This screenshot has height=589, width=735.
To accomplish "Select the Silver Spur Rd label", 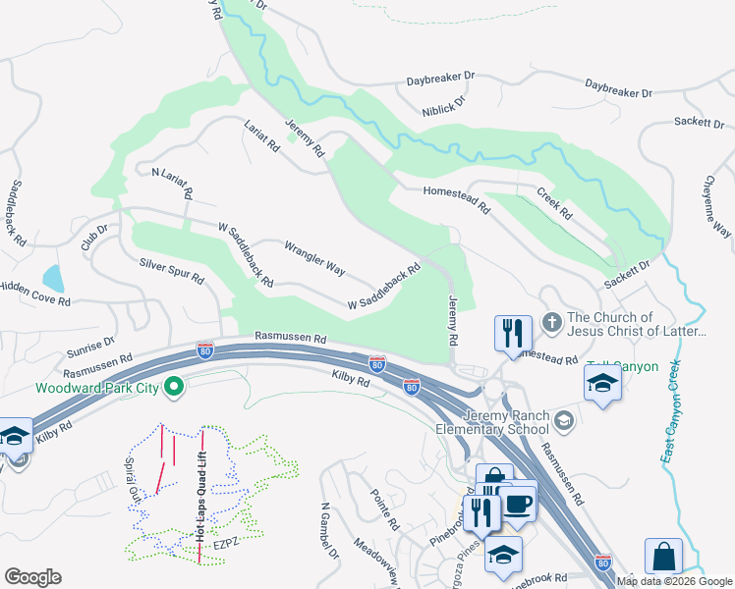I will (172, 270).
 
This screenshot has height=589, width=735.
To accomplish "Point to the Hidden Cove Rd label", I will (34, 294).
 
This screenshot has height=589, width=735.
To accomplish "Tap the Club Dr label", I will (94, 237).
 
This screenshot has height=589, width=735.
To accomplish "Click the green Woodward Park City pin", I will (174, 388).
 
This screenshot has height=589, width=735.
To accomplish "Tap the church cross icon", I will (552, 321).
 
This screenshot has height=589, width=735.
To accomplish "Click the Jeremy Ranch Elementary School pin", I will (564, 421).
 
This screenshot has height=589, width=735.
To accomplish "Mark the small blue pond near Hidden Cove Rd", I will (53, 279).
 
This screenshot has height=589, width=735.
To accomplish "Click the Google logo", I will (32, 577).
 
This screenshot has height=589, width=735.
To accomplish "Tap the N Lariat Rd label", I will (173, 181).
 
